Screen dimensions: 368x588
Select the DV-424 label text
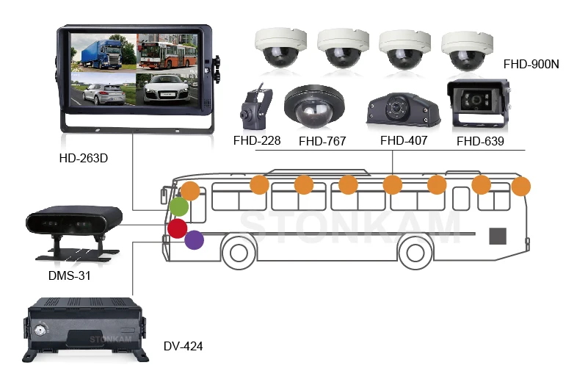point(184,346)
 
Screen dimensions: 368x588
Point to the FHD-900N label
point(531,64)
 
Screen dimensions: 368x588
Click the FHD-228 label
point(257,140)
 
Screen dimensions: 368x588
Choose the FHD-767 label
point(322,141)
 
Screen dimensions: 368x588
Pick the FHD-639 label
point(480,141)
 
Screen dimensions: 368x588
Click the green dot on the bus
point(179,206)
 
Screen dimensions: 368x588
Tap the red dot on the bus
point(177,228)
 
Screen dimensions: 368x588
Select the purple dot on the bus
point(194,239)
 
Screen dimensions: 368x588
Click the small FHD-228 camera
point(255,107)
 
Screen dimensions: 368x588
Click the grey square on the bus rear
point(498,236)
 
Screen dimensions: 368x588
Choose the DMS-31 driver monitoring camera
point(73,224)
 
